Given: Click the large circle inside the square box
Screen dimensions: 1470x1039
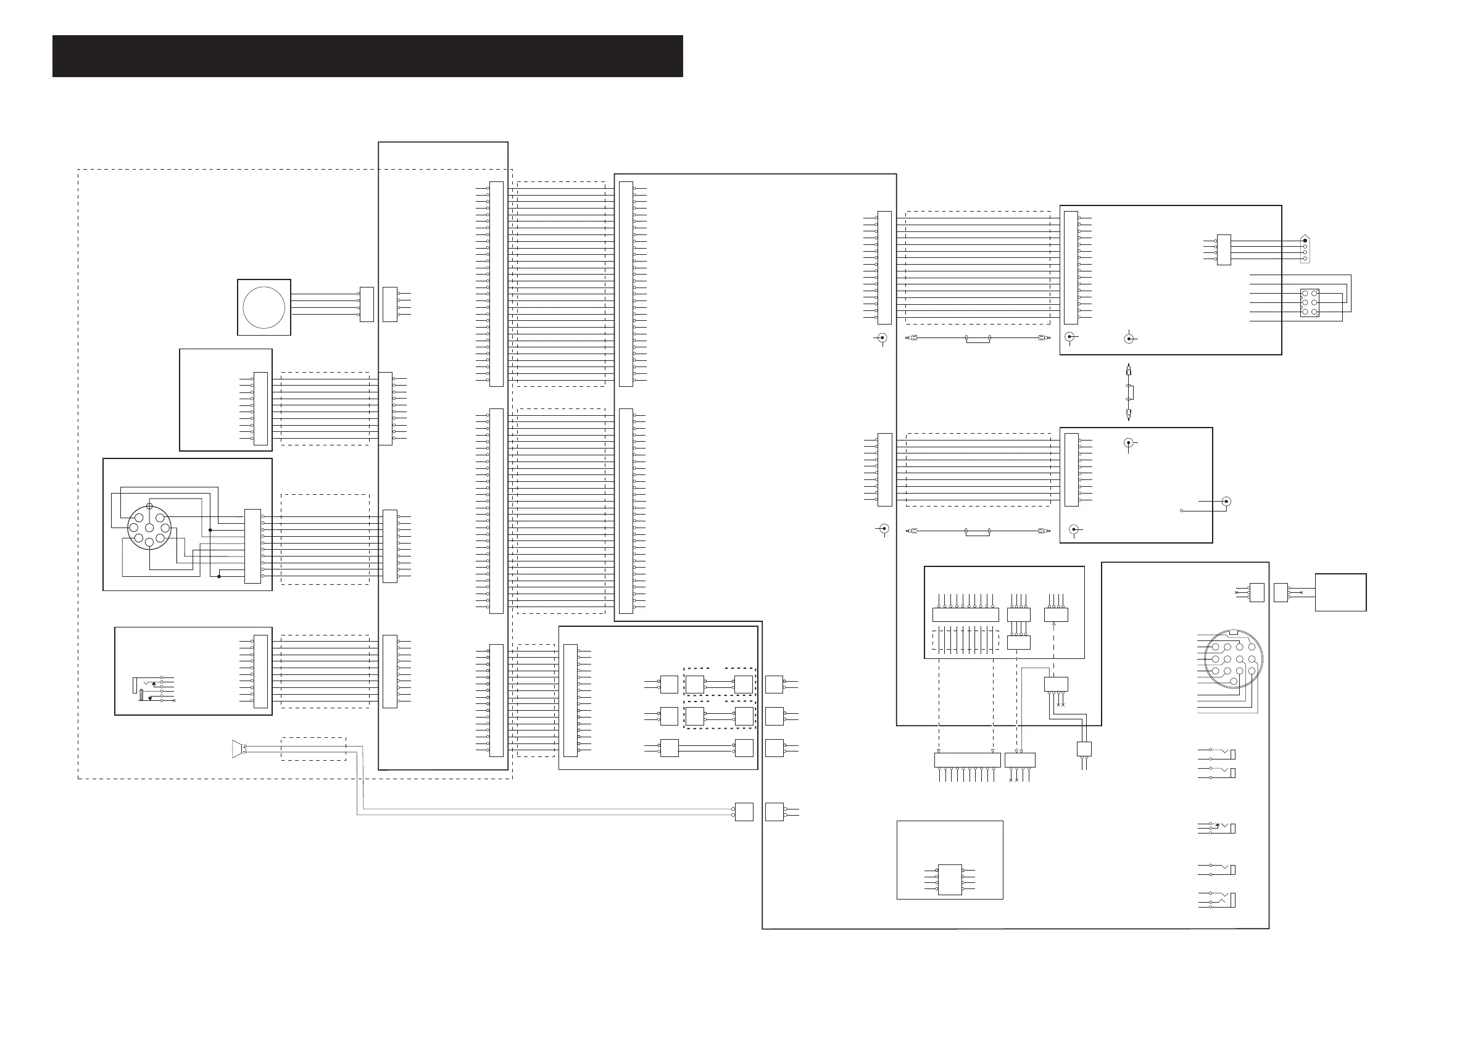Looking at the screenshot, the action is tap(264, 307).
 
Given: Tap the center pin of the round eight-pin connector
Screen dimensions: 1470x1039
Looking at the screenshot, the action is tap(149, 528).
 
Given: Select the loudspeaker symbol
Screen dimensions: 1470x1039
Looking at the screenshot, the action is tap(238, 748).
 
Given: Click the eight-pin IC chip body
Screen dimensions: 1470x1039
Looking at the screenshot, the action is tap(950, 880).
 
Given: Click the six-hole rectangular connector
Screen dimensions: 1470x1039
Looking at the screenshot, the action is tap(1310, 303).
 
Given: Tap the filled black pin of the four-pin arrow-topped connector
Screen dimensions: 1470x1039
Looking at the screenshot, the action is tap(1305, 241).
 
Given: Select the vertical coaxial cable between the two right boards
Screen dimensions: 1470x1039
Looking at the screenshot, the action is tap(1128, 392).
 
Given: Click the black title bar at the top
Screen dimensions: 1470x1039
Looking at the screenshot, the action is tap(368, 56).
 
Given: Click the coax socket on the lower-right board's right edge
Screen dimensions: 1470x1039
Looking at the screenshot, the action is tap(1227, 501).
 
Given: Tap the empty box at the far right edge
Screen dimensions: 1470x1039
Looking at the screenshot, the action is tap(1340, 592).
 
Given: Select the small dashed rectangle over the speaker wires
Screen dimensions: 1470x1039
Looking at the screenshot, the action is tap(313, 749).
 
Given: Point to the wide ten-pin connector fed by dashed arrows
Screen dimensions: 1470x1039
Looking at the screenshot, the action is tap(967, 760).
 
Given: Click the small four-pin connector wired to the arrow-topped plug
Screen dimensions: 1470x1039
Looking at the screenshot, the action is tap(1224, 250).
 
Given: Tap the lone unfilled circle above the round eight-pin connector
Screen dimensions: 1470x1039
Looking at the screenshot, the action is tap(149, 507).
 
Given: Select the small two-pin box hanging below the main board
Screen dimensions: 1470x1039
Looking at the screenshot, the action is tap(1084, 749).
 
